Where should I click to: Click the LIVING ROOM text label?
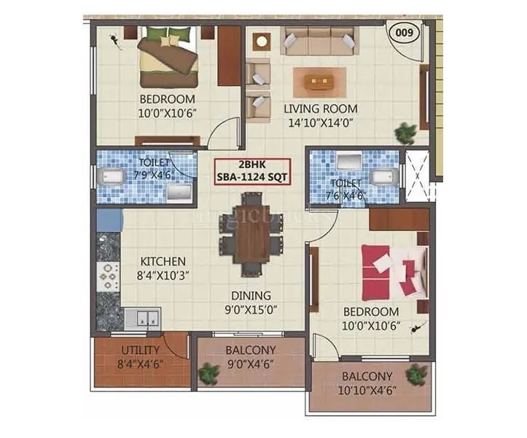[x=320, y=109]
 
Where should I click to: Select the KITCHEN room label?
[x=163, y=261]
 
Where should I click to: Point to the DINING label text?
[x=251, y=296]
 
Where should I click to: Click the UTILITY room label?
[x=141, y=350]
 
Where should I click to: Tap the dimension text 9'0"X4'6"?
[x=250, y=363]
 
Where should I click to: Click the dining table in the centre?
[x=252, y=234]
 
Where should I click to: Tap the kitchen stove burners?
[x=109, y=277]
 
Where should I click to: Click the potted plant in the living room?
[x=405, y=132]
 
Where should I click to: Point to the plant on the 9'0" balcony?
[x=209, y=373]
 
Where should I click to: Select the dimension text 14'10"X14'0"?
[x=320, y=123]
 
